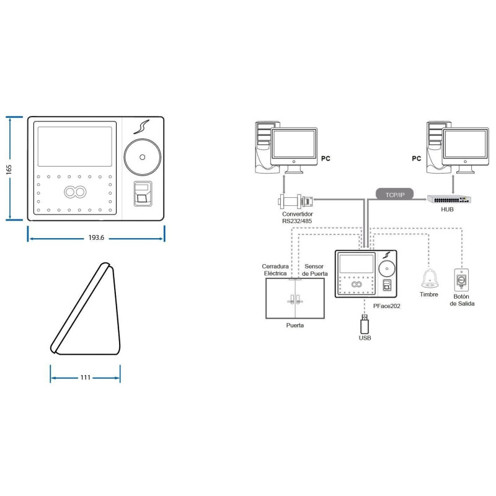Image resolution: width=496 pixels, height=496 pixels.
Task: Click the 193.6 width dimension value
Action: (96, 237)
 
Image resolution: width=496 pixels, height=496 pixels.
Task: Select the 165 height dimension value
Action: (9, 169)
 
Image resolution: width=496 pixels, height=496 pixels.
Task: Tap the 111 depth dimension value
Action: (86, 378)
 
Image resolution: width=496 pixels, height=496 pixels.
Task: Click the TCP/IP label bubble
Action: (395, 195)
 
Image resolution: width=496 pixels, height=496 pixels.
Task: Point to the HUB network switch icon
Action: (449, 199)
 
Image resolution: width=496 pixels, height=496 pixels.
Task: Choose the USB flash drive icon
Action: (365, 323)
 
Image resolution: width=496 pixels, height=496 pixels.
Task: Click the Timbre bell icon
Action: (429, 278)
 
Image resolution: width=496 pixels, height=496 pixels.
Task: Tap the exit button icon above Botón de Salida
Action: (461, 280)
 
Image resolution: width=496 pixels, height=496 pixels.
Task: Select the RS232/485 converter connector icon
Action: (296, 200)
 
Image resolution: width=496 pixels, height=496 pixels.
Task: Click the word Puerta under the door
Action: (295, 325)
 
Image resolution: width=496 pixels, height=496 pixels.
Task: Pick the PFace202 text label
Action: (386, 306)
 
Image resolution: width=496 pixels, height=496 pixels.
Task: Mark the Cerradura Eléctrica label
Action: (275, 270)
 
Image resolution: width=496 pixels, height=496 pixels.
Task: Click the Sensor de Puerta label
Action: (314, 270)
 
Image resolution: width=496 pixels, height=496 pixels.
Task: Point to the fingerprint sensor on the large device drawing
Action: (143, 193)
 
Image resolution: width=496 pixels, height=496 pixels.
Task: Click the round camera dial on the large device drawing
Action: (143, 157)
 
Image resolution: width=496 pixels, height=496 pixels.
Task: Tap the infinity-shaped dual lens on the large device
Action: (75, 192)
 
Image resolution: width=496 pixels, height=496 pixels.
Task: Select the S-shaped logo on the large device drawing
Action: (141, 126)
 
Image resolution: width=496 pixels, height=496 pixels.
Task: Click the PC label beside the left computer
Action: (325, 159)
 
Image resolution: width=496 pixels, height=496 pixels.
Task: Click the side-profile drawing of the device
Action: (86, 308)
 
